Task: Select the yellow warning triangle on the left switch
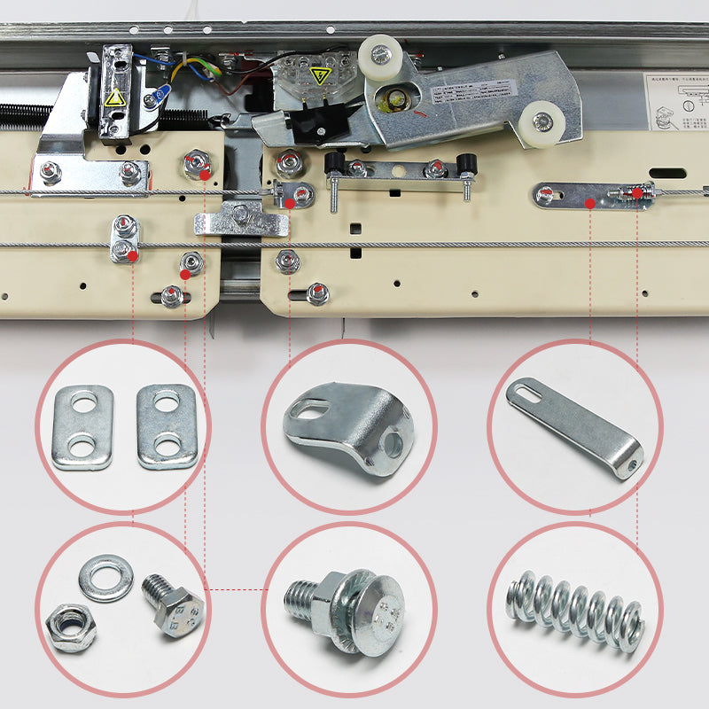pyautogui.click(x=114, y=97)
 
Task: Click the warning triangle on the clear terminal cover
pyautogui.click(x=319, y=75)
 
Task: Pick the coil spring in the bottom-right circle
pyautogui.click(x=573, y=611)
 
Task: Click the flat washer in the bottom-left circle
pyautogui.click(x=105, y=577)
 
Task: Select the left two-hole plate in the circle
pyautogui.click(x=82, y=426)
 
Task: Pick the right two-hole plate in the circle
pyautogui.click(x=166, y=425)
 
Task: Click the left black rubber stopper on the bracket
pyautogui.click(x=334, y=163)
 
